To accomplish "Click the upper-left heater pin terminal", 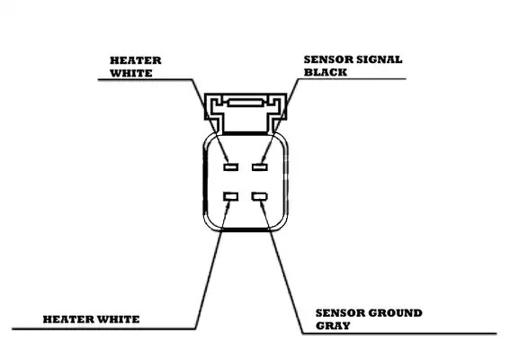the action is (230, 167).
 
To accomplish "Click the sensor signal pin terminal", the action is (260, 167).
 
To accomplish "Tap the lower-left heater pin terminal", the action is (230, 196).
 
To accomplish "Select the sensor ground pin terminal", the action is (259, 196).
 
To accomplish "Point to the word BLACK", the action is (326, 72).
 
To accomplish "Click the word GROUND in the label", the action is (395, 313).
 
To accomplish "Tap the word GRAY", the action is (333, 326).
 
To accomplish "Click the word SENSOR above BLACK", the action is (328, 59).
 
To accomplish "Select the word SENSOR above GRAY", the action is (340, 313).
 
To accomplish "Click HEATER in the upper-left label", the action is (136, 60).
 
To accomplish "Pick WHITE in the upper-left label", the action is (131, 73).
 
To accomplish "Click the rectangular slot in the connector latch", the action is (246, 103).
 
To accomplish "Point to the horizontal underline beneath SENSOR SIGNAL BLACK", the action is (352, 79).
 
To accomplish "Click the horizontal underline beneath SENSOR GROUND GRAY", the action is (399, 333).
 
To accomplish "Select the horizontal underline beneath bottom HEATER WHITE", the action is (103, 328).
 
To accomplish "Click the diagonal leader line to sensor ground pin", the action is (282, 267).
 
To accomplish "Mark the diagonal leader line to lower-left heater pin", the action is (212, 265).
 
